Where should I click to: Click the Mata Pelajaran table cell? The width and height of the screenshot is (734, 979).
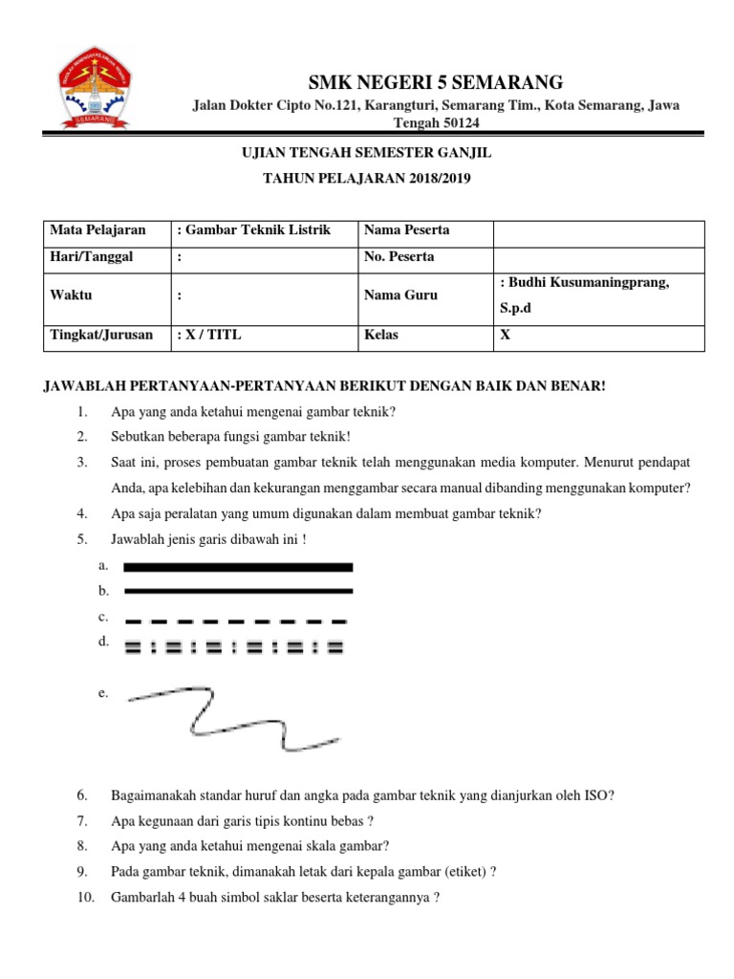(x=106, y=230)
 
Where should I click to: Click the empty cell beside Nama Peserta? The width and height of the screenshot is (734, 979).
(x=598, y=230)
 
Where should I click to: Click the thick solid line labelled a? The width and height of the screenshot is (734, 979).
(x=238, y=567)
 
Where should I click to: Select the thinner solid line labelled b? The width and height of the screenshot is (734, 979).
(x=238, y=591)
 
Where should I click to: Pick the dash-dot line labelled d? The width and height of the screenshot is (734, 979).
(x=234, y=647)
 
